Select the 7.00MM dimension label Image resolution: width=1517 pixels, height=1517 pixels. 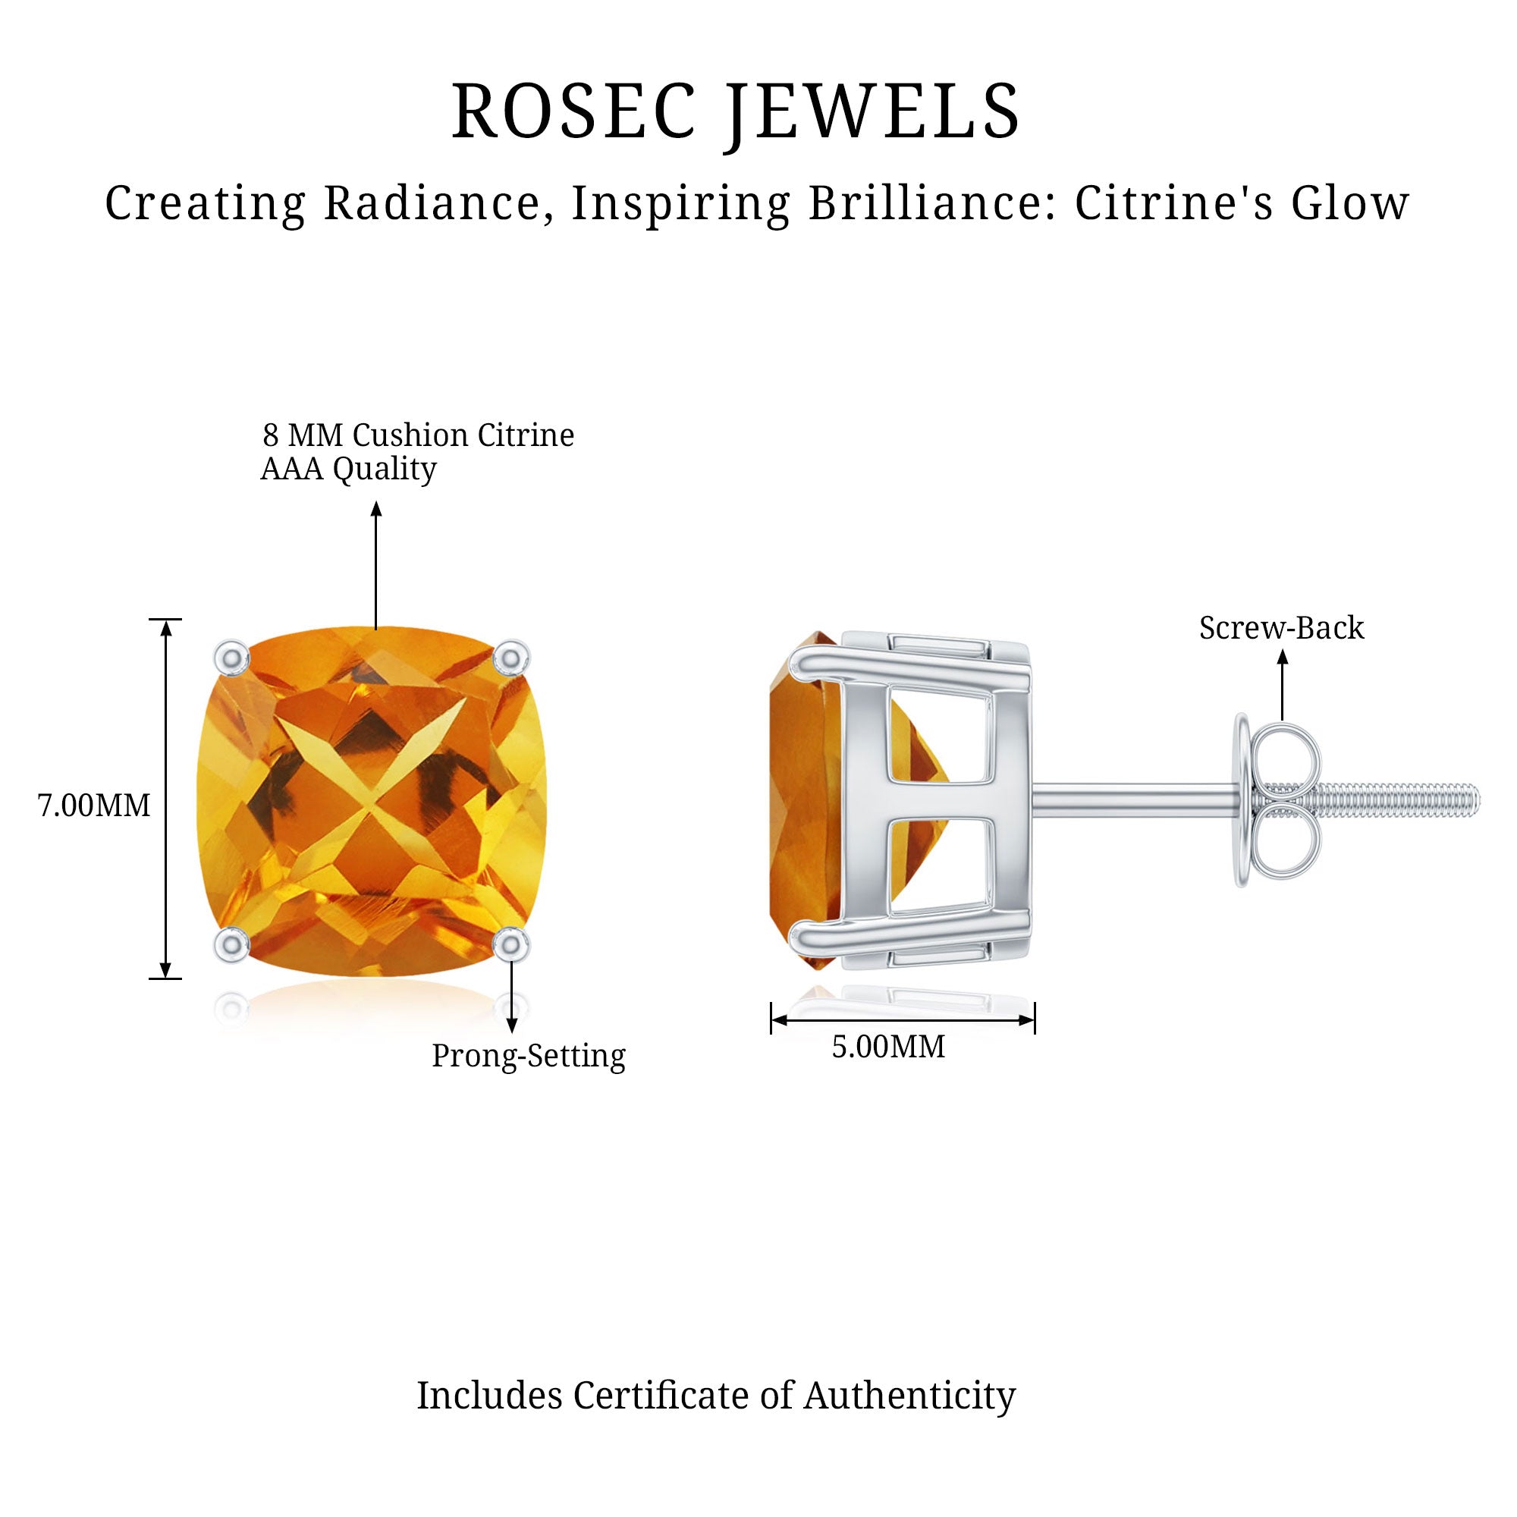click(x=94, y=806)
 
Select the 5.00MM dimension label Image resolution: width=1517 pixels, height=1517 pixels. click(x=889, y=1047)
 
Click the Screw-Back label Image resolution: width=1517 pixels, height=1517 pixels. click(x=1281, y=627)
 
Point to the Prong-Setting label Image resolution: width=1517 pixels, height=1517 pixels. click(x=529, y=1056)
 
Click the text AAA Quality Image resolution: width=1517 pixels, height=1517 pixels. click(x=348, y=470)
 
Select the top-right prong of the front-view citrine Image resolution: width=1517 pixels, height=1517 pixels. click(x=512, y=656)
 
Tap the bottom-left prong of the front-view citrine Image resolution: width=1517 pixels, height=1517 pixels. click(x=232, y=944)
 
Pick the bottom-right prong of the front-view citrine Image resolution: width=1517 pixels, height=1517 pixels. click(x=512, y=944)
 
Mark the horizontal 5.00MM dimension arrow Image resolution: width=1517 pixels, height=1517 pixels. click(x=903, y=1020)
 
